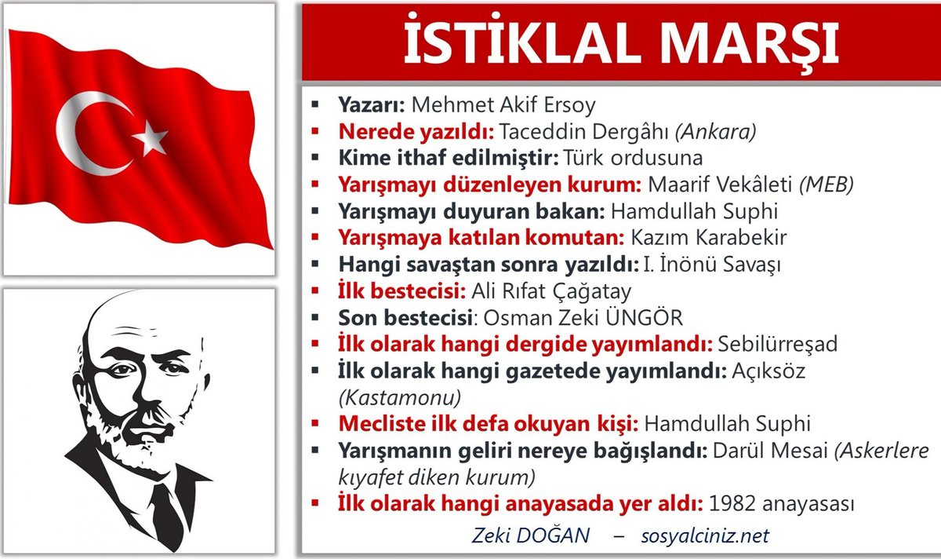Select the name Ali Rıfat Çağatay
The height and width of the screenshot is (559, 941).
[550, 291]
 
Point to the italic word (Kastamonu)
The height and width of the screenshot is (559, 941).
[400, 396]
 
